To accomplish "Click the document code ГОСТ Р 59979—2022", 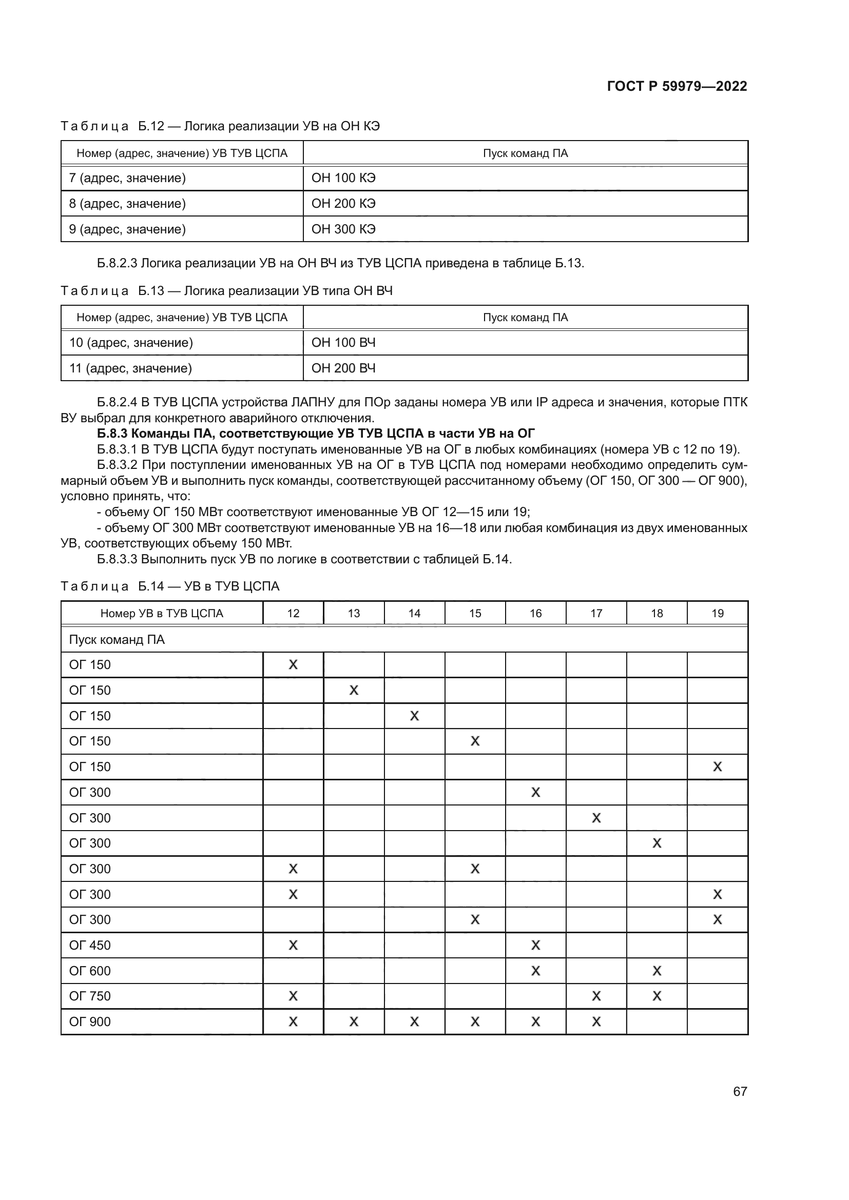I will (677, 86).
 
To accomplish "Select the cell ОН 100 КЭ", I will (343, 178).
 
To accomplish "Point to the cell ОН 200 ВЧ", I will (343, 368).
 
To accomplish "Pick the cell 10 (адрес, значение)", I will (131, 343).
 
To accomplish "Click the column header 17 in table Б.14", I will (596, 613).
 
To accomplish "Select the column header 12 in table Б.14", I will (293, 613).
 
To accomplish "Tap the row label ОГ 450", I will (90, 945).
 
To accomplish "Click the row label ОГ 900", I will (90, 1021).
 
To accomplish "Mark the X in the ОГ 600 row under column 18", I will (657, 971).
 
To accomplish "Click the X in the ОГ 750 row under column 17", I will (596, 996).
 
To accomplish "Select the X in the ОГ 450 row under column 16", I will (535, 945).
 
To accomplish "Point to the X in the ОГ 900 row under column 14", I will (414, 1021).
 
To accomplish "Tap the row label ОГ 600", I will (90, 971).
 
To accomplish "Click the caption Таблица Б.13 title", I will (226, 290).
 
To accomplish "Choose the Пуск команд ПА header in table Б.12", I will (525, 153).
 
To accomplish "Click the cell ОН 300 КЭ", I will (343, 229).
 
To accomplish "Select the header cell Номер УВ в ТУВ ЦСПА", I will (162, 613).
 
